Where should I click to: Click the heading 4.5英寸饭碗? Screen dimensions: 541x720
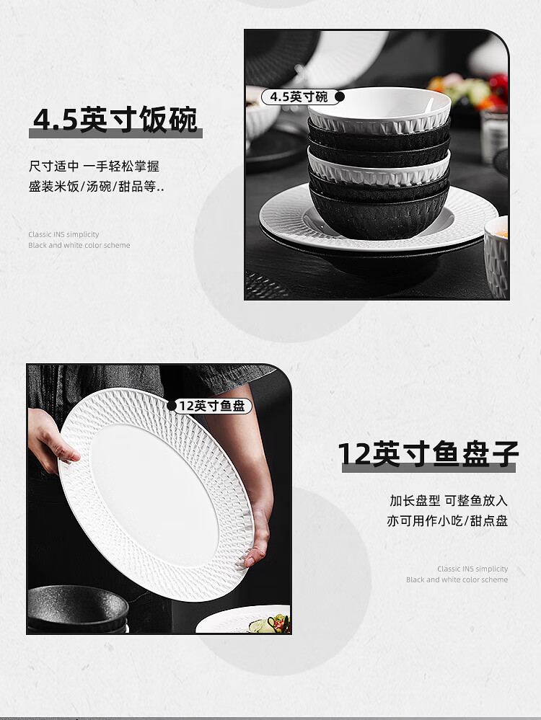[115, 120]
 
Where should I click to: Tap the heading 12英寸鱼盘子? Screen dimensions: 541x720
[428, 454]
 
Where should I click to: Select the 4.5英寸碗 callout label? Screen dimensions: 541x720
[299, 97]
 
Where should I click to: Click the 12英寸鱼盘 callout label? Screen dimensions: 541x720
[212, 406]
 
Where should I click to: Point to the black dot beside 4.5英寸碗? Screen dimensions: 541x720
[340, 97]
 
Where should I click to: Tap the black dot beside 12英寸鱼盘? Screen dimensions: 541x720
[172, 406]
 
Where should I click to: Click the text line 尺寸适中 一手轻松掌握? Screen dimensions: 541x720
[94, 166]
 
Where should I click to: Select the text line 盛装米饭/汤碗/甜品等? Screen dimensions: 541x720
[96, 187]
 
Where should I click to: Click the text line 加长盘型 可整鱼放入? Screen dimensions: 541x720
[448, 500]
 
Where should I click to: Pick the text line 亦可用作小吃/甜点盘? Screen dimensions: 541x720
[447, 520]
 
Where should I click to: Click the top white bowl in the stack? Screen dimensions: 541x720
[379, 110]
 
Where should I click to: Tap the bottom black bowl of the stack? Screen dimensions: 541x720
[379, 213]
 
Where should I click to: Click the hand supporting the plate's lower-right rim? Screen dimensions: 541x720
[259, 533]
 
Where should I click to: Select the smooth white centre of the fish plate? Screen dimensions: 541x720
[154, 493]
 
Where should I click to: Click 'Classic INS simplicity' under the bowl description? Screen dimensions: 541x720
[63, 234]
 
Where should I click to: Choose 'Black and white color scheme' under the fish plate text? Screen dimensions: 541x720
[457, 579]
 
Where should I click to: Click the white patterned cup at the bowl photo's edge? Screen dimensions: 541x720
[496, 257]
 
